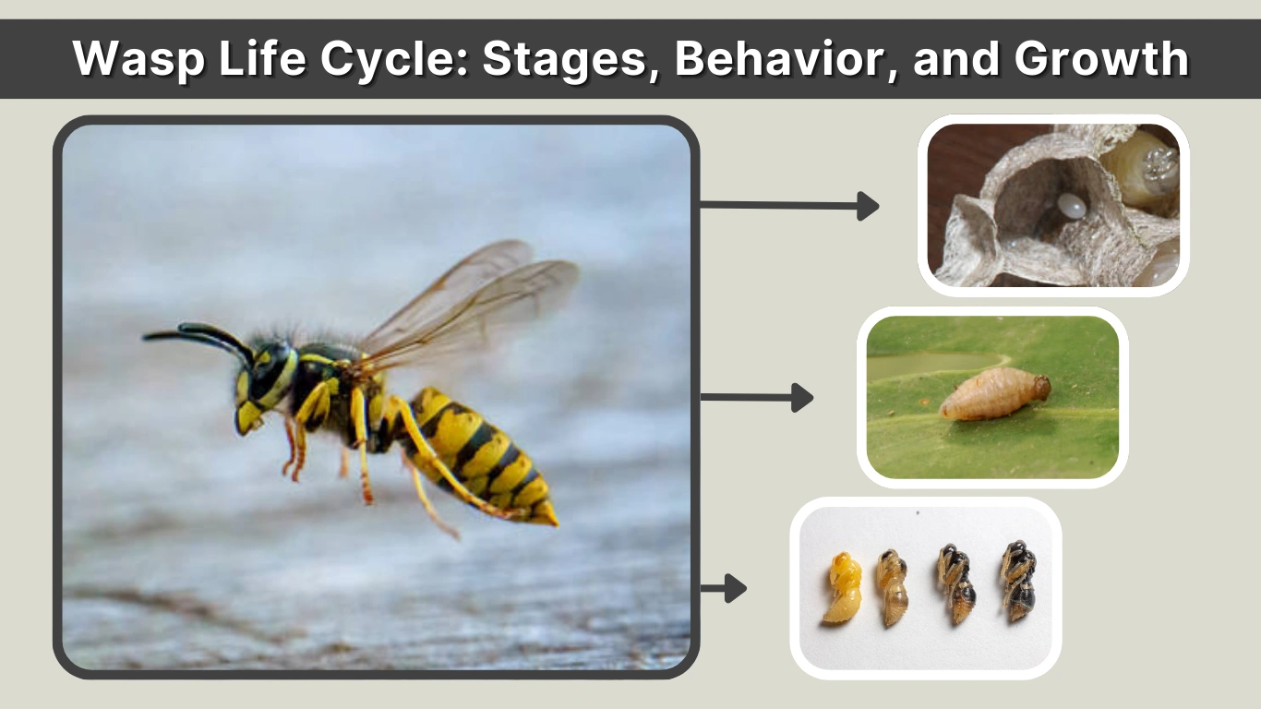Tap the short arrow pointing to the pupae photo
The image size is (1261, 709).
723,588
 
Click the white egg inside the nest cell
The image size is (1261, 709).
1072,207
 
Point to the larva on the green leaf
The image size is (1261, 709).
993,395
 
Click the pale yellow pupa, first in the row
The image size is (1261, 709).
843,588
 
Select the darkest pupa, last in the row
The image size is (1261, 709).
1019,582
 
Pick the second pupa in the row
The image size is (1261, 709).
893,588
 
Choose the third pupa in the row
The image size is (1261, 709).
955,583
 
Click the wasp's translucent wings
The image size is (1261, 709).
471,305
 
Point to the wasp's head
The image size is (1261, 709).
263,383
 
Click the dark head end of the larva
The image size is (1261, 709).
1041,386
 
